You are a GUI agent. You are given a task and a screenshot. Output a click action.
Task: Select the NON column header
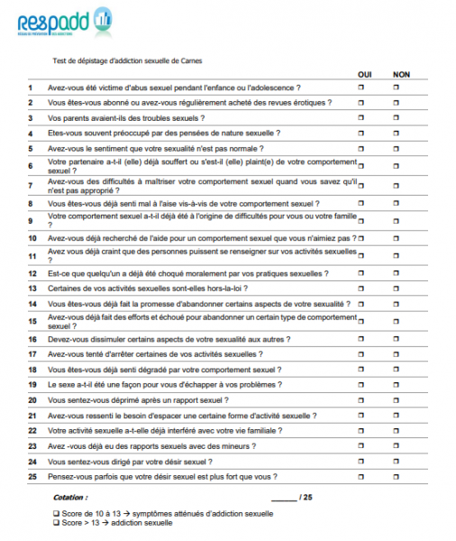(x=402, y=74)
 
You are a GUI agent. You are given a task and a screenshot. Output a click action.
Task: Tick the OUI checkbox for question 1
(x=361, y=87)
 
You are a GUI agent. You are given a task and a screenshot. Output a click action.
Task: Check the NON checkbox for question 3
(x=396, y=117)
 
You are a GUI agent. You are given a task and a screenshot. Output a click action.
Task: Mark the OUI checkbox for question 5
(x=361, y=147)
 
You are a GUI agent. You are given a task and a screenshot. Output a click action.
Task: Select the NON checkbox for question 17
(x=396, y=354)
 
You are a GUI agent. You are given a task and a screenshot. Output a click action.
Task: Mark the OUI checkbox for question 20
(x=361, y=399)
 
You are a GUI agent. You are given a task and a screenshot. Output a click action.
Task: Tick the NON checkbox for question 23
(x=396, y=445)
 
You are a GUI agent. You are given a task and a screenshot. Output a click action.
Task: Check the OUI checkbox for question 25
(x=361, y=475)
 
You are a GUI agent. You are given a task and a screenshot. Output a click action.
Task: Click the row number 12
(x=32, y=272)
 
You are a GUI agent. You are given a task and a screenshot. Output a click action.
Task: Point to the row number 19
(x=32, y=385)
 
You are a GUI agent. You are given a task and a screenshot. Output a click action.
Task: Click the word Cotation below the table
(x=70, y=497)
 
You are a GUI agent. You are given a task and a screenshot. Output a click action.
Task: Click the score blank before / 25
(x=283, y=497)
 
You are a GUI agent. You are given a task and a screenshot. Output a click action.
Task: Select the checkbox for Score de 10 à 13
(x=56, y=514)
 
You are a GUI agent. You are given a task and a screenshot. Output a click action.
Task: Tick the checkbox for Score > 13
(x=56, y=523)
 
